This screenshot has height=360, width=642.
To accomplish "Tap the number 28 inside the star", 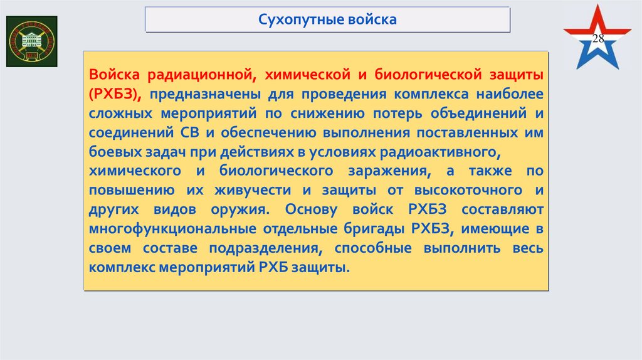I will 598,39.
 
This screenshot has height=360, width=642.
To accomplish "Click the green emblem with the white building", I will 31,41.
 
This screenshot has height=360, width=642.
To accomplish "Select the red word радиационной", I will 200,75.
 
